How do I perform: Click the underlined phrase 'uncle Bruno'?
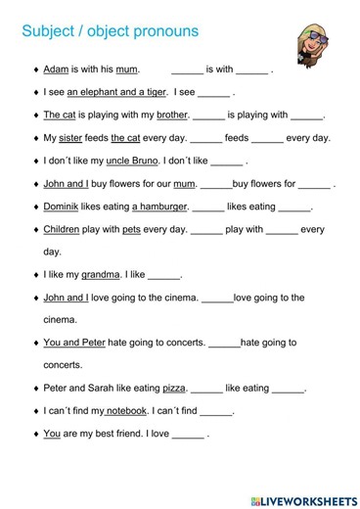click(x=133, y=161)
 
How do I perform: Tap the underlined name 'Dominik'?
click(x=67, y=207)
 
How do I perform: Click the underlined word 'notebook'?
click(x=126, y=410)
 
